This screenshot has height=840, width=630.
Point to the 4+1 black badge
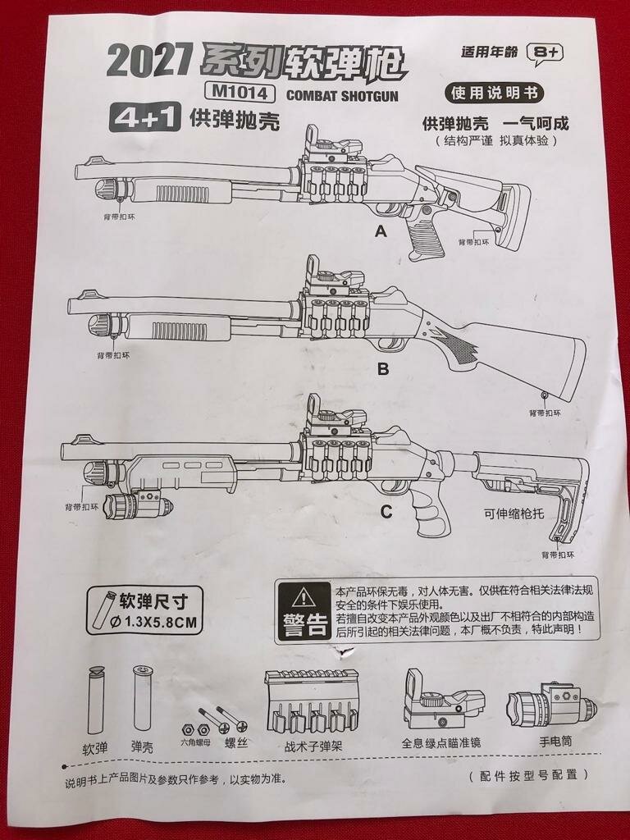point(144,119)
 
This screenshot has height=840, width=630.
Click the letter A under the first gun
point(380,232)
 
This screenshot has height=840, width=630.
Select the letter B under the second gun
point(382,369)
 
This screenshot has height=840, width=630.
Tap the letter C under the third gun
point(386,513)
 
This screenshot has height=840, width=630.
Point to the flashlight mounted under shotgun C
point(139,501)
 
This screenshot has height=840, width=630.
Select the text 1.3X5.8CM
point(159,622)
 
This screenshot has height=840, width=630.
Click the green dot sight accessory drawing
point(441,701)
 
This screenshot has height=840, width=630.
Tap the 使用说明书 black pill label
point(494,93)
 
